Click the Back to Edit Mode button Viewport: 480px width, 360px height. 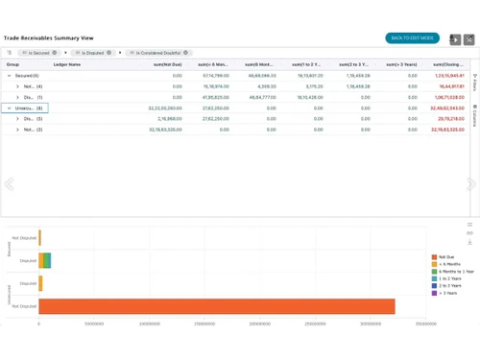pos(412,38)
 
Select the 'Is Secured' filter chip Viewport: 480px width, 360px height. pos(39,53)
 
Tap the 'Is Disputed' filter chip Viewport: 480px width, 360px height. pos(93,53)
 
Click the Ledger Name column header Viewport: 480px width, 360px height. pos(67,64)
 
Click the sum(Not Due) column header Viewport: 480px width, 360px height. pos(168,64)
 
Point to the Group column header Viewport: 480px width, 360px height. pos(13,64)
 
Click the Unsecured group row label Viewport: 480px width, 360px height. pos(27,108)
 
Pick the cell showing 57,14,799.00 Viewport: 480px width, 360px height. pos(214,75)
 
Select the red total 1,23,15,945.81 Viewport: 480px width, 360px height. pos(449,75)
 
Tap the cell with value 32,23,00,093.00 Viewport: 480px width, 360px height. pos(165,108)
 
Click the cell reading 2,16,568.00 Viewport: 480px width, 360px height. pos(169,118)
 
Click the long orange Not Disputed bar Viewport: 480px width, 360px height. pos(216,306)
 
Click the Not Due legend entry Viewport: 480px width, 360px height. pos(447,257)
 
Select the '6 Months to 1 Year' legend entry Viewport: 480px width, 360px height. pos(456,272)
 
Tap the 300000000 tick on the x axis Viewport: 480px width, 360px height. pos(370,324)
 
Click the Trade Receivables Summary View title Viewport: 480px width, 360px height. pos(49,37)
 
